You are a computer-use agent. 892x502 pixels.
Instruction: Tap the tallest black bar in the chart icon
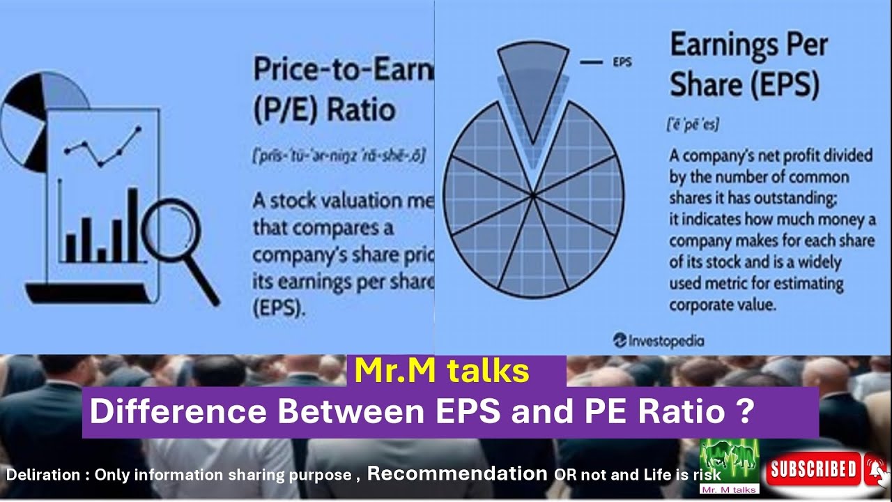(132, 225)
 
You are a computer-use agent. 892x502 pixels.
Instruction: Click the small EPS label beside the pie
(622, 62)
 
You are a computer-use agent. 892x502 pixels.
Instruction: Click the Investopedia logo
(659, 341)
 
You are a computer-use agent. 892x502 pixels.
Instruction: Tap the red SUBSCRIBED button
(812, 469)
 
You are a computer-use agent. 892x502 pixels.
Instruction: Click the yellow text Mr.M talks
(441, 371)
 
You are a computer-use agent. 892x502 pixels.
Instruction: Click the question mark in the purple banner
(744, 411)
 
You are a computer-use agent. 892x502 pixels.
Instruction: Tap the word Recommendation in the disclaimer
(457, 473)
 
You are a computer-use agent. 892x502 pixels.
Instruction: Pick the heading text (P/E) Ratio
(324, 109)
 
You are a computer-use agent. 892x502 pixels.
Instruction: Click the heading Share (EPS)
(744, 85)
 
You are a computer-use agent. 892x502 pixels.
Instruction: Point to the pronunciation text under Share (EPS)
(693, 125)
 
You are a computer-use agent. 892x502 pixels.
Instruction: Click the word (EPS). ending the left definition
(279, 308)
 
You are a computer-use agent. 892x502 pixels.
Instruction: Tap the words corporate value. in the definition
(723, 305)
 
